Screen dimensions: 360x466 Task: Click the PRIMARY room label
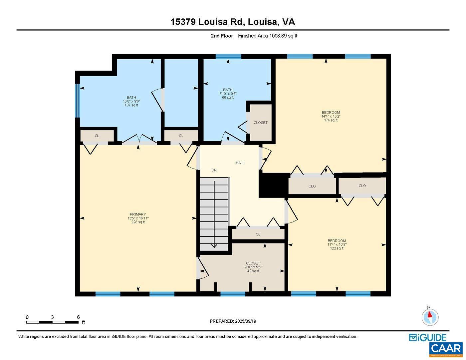click(138, 214)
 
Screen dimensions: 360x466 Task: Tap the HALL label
click(240, 163)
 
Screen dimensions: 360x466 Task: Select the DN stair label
click(214, 170)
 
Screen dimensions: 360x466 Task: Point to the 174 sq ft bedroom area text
click(331, 120)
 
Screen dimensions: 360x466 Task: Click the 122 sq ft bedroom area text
click(337, 248)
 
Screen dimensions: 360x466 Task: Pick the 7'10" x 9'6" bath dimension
click(228, 94)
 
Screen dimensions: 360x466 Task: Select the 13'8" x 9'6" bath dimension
click(131, 101)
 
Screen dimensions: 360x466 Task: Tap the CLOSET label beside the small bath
click(260, 123)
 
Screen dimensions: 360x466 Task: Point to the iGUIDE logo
click(428, 337)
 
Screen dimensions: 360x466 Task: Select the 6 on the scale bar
click(78, 317)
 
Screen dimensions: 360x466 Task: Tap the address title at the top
click(233, 22)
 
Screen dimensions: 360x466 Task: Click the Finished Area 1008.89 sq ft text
click(267, 36)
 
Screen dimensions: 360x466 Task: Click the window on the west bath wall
click(77, 101)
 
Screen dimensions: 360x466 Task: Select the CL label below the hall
click(258, 234)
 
